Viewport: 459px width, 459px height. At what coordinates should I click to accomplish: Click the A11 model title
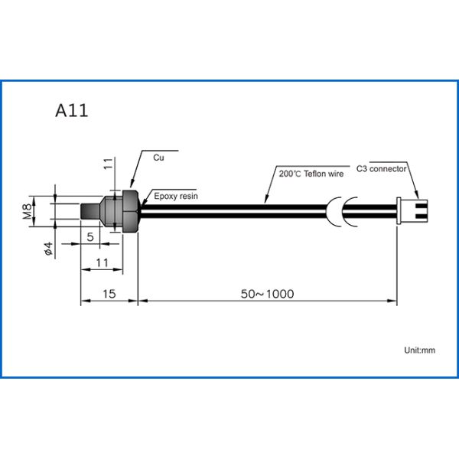[72, 109]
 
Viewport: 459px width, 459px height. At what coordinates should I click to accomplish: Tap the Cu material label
[159, 158]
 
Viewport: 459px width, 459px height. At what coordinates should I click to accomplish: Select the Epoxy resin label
[176, 197]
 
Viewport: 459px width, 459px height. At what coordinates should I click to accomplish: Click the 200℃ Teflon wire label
[311, 174]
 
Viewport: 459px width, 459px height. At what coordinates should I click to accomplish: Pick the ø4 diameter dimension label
[47, 249]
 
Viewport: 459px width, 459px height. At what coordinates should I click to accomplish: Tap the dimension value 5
[90, 238]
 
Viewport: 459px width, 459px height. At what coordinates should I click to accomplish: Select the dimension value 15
[109, 294]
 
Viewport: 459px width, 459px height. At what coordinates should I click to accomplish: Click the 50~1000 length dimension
[267, 294]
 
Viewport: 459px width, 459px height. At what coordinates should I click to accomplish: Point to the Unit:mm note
[419, 350]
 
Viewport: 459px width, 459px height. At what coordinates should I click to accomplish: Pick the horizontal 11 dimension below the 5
[103, 263]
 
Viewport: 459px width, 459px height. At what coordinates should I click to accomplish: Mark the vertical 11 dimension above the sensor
[108, 163]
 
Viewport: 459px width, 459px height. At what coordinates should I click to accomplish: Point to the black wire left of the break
[229, 210]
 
